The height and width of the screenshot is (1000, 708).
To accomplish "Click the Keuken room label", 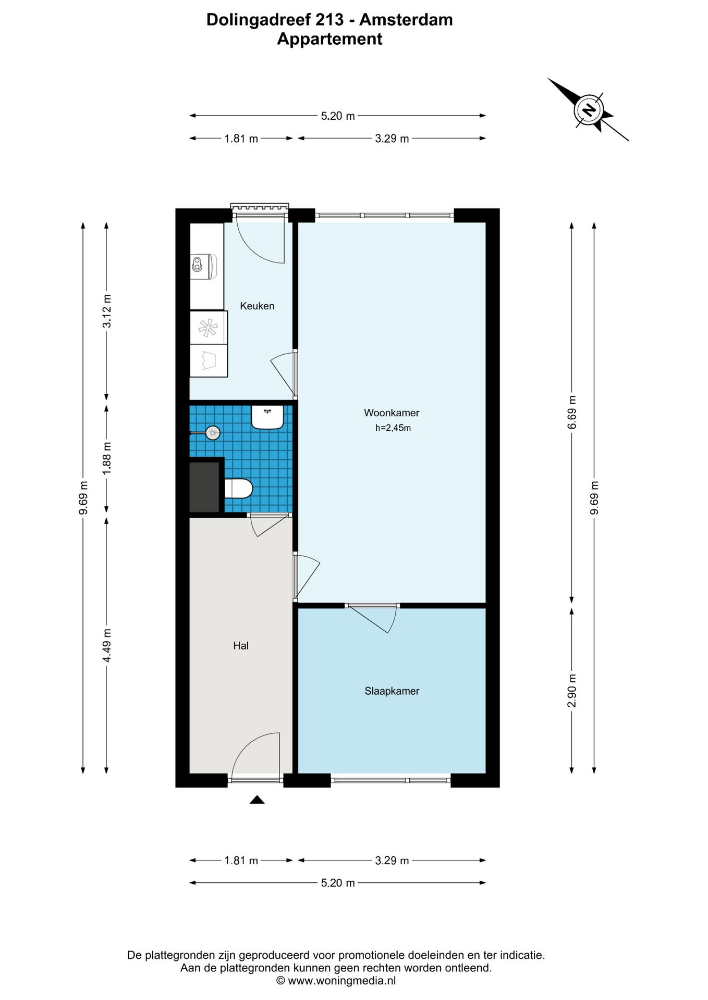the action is pyautogui.click(x=257, y=306).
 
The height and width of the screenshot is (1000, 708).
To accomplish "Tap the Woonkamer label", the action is pyautogui.click(x=392, y=413).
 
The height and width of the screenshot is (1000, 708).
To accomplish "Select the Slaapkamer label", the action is pyautogui.click(x=392, y=691).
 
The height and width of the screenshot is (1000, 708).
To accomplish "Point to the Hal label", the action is pyautogui.click(x=241, y=646).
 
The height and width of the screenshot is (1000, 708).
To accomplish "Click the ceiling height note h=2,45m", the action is pyautogui.click(x=393, y=428).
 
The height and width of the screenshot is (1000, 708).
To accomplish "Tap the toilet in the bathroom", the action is pyautogui.click(x=238, y=489).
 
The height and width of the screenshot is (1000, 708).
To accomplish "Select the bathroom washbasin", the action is pyautogui.click(x=267, y=417).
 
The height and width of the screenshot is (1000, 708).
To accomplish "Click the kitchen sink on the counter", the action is pyautogui.click(x=204, y=266).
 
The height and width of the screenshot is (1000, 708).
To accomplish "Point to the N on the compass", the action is pyautogui.click(x=589, y=110).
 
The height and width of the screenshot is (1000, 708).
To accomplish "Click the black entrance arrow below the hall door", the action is pyautogui.click(x=257, y=799).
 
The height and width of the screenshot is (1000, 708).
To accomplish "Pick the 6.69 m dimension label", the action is pyautogui.click(x=572, y=412).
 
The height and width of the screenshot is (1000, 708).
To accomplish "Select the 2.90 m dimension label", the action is pyautogui.click(x=572, y=691).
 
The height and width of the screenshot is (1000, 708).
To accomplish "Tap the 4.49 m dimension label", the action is pyautogui.click(x=107, y=645).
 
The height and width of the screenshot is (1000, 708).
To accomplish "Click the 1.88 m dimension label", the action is pyautogui.click(x=107, y=458).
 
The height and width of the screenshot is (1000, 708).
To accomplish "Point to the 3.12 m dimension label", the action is pyautogui.click(x=107, y=311).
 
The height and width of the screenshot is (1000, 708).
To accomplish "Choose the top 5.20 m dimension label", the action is pyautogui.click(x=338, y=116).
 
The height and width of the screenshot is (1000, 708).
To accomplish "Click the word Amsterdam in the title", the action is pyautogui.click(x=406, y=20).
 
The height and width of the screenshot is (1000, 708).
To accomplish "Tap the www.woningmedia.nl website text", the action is pyautogui.click(x=341, y=981).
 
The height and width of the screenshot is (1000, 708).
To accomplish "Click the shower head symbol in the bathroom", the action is pyautogui.click(x=213, y=432).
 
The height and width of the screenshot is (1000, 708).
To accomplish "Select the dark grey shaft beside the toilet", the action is pyautogui.click(x=204, y=486).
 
